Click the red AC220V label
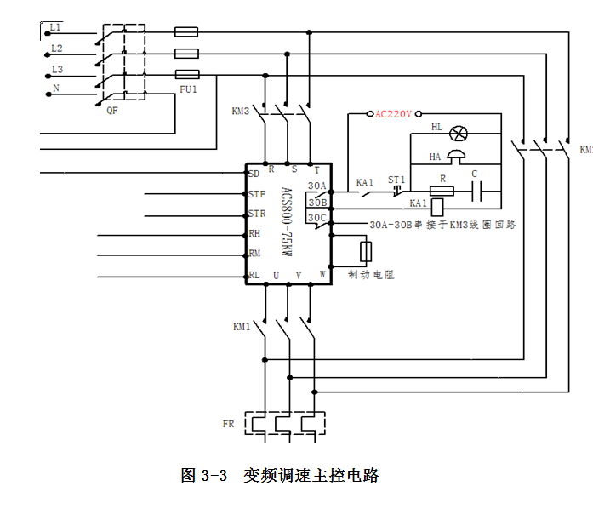[393, 113]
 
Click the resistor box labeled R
[441, 192]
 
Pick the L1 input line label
[56, 29]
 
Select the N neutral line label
[56, 89]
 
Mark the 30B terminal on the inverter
[316, 203]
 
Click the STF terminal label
[256, 195]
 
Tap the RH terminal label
[254, 234]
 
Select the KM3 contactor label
[240, 112]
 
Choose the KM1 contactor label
[242, 327]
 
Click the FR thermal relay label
[228, 423]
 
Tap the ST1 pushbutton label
[396, 180]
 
